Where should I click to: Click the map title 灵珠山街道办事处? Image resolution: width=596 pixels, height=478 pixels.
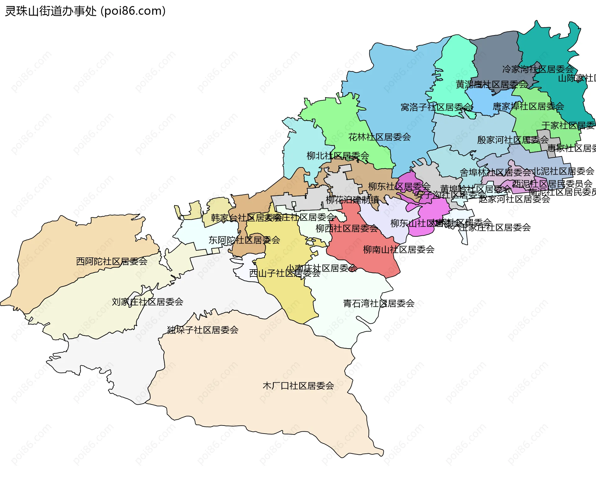[x=51, y=11]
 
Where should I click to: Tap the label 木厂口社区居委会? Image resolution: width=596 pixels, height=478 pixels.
[x=298, y=386]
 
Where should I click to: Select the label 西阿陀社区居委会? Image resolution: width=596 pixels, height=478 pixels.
[x=112, y=261]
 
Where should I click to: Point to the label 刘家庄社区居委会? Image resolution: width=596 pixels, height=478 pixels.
[x=147, y=302]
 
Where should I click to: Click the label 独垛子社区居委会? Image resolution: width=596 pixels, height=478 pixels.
[x=203, y=330]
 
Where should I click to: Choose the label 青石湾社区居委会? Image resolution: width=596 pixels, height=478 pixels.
[x=379, y=303]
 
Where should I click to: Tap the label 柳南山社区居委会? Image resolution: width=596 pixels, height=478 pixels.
[x=399, y=249]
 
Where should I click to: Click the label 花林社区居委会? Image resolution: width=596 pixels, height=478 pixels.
[x=379, y=137]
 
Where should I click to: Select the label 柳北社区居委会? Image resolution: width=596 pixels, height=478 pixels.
[x=338, y=156]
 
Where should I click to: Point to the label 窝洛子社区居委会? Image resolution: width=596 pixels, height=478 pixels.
[x=437, y=107]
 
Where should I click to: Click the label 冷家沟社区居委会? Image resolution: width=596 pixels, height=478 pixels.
[x=538, y=69]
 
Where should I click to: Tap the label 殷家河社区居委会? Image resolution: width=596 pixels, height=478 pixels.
[x=513, y=140]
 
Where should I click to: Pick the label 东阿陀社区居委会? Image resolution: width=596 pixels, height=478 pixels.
[x=244, y=240]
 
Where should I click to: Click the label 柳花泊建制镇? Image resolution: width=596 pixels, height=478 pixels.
[x=352, y=200]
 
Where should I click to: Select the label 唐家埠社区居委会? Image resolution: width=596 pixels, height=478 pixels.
[x=528, y=107]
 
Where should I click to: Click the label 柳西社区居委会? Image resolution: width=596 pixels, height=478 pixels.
[x=347, y=229]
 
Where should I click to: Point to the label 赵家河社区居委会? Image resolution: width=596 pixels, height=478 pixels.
[x=514, y=199]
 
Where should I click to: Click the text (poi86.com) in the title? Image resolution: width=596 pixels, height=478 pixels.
[x=133, y=11]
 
